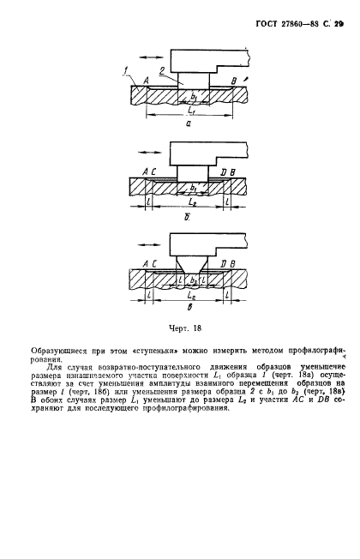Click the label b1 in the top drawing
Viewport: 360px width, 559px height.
193,97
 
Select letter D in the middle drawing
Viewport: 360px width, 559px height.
222,173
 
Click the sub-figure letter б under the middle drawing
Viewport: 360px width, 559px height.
186,218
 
